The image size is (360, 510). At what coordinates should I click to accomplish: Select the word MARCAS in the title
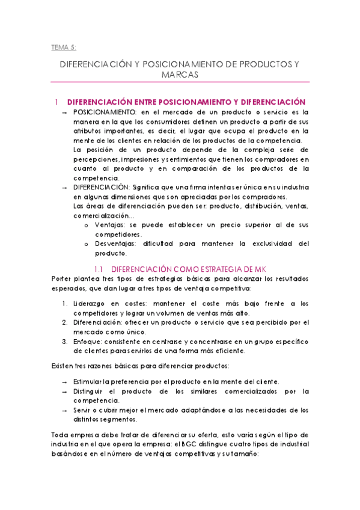pos(180,75)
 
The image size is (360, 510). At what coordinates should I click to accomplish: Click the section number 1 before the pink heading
pos(56,102)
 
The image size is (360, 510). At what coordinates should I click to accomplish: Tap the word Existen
pos(59,366)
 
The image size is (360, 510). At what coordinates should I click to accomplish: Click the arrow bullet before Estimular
pos(64,382)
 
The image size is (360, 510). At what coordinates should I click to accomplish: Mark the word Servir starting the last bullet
pos(84,410)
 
